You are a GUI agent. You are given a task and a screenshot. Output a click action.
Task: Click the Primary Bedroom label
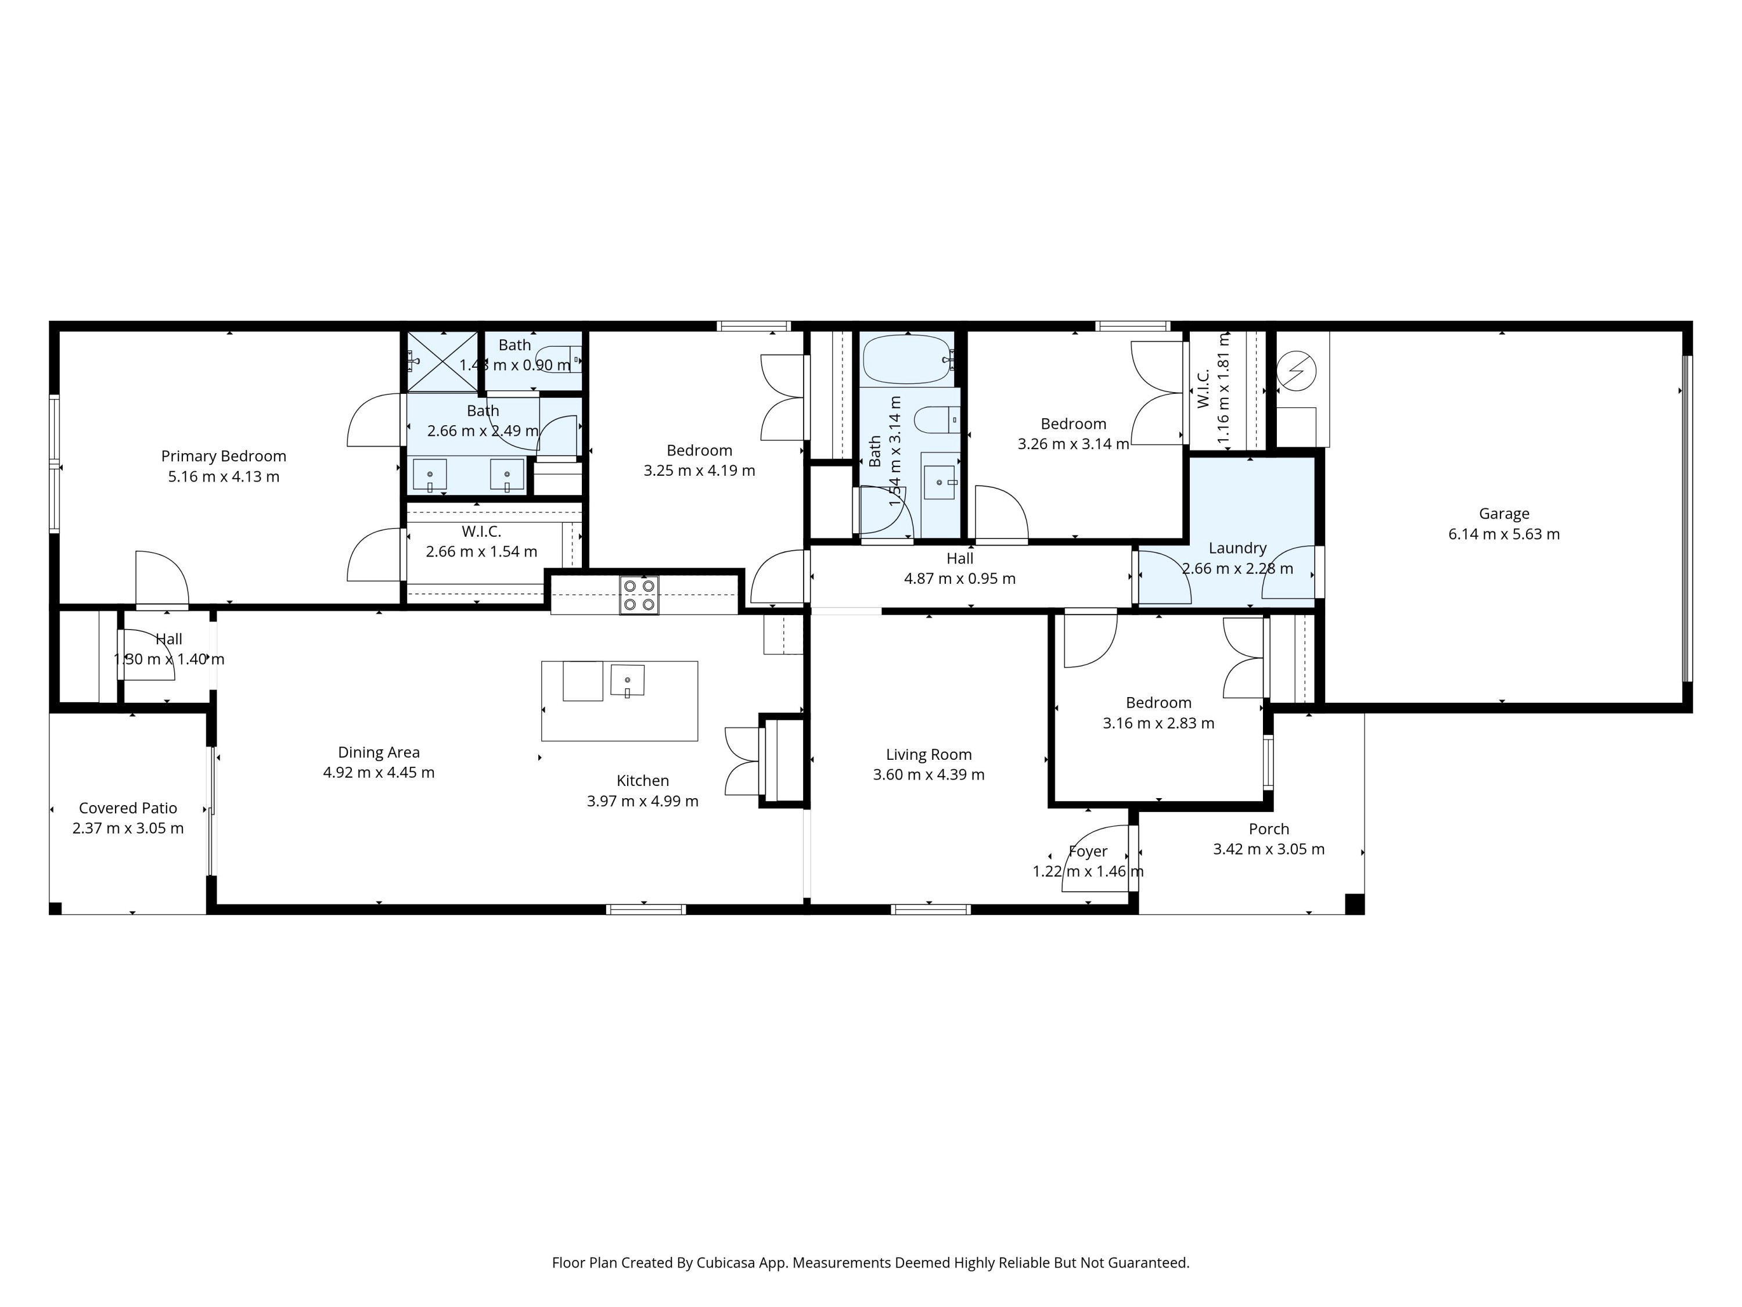click(224, 456)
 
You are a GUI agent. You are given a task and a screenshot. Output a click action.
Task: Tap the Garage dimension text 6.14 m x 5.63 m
click(1503, 534)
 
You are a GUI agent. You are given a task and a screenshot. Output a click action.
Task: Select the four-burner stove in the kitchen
click(639, 595)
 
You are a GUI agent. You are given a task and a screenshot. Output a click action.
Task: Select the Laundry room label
click(1237, 548)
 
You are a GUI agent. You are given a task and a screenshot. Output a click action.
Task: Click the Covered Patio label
click(128, 809)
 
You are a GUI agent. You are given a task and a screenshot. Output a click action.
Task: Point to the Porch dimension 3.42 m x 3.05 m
click(1268, 849)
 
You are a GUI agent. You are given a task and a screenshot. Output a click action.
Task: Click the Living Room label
click(928, 755)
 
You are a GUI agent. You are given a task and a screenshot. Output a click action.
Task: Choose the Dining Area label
click(378, 752)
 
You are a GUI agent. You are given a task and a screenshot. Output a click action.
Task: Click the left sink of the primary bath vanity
click(430, 476)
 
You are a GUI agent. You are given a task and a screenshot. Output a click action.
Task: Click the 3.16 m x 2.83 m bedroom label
click(1158, 723)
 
